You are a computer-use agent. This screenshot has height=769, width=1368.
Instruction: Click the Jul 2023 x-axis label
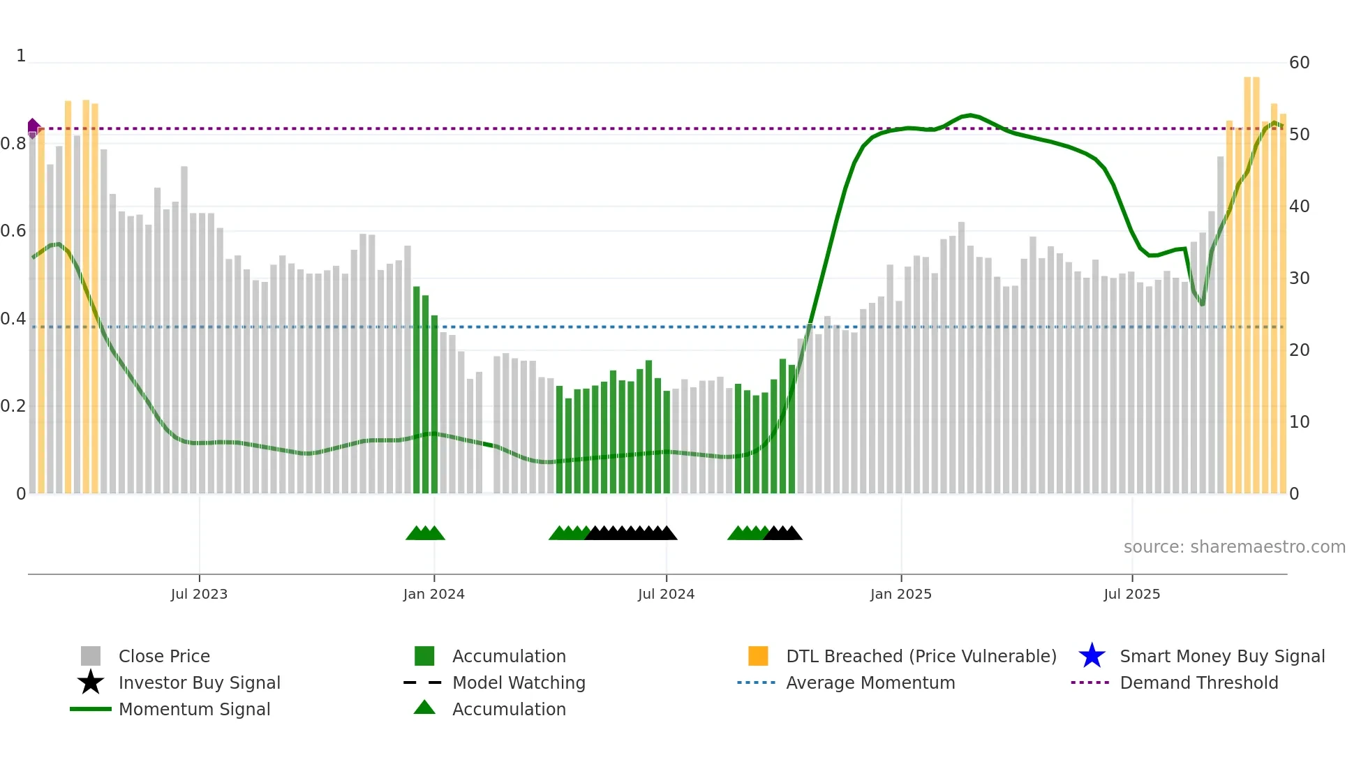(199, 594)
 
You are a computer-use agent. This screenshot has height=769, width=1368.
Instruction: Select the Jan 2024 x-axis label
(433, 594)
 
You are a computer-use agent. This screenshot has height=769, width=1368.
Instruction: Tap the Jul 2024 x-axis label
(666, 594)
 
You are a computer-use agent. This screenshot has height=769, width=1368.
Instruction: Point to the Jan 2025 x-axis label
(900, 594)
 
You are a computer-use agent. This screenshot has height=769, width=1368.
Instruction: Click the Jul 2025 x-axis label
(1131, 594)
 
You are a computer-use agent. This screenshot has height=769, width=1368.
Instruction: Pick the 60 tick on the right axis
(1299, 63)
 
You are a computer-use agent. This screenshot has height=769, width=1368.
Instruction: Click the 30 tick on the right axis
(1299, 278)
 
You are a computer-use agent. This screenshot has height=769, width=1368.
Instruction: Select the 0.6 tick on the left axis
(13, 231)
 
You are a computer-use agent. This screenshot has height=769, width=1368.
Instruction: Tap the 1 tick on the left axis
(21, 56)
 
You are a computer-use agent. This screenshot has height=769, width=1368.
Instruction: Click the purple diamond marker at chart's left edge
(33, 128)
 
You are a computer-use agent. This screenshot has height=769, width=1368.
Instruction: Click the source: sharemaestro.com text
(1234, 547)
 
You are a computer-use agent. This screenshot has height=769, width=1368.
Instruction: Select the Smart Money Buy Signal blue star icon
(1092, 656)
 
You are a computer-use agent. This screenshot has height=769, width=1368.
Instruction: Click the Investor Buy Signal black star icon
(91, 682)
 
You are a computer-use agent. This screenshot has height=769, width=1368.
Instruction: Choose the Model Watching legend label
(519, 682)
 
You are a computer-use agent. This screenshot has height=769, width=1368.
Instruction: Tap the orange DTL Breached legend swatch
(758, 656)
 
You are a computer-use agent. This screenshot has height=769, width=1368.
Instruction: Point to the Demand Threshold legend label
(1198, 682)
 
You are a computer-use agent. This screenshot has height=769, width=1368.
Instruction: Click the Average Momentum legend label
(870, 682)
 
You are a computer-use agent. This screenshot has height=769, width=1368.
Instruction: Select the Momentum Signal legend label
(194, 709)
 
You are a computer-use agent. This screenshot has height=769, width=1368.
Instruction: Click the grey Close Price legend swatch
(91, 656)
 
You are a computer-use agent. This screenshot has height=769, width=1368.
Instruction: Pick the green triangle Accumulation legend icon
(424, 708)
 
